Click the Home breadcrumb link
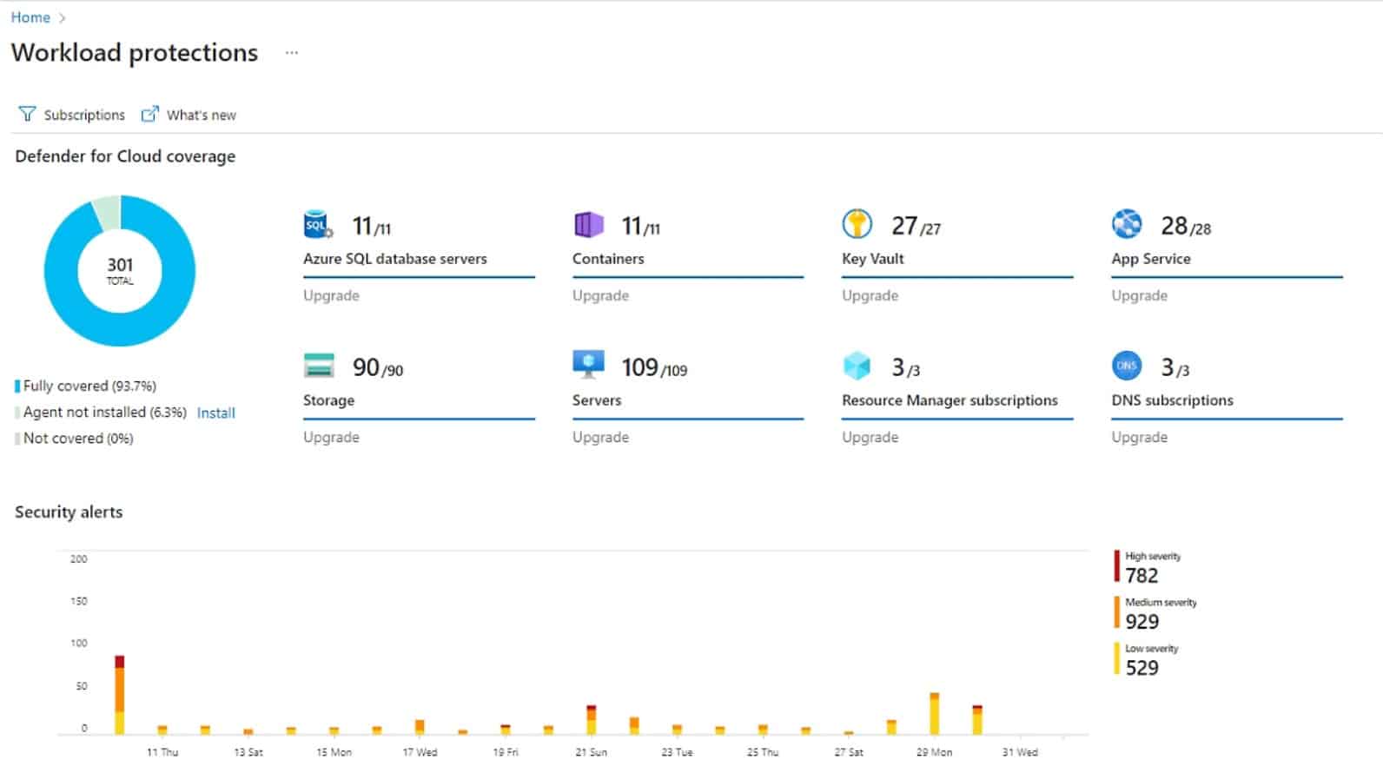pos(30,17)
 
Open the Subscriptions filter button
pos(72,115)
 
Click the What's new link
pos(189,115)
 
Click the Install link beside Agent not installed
pos(215,413)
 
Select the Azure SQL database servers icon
pos(318,225)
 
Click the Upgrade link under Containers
pos(600,295)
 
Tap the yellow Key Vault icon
pos(857,224)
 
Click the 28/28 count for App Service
pos(1185,227)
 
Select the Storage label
pos(328,400)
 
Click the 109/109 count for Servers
pos(653,368)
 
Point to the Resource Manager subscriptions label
pos(950,400)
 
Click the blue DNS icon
pos(1127,366)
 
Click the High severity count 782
pos(1141,576)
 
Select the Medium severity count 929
pos(1141,622)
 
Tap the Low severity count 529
pos(1141,668)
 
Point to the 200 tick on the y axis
pos(78,559)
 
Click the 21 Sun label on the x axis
pos(591,752)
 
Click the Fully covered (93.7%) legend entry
pos(89,386)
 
